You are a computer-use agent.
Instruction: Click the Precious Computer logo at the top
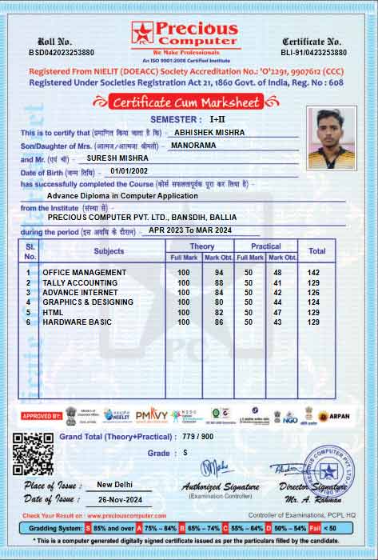click(184, 35)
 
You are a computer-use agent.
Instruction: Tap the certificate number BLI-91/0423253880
click(315, 52)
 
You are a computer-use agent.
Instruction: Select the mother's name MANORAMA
click(192, 146)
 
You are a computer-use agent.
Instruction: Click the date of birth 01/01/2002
click(130, 171)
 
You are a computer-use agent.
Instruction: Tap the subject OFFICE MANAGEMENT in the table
click(85, 273)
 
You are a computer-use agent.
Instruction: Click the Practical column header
click(265, 246)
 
